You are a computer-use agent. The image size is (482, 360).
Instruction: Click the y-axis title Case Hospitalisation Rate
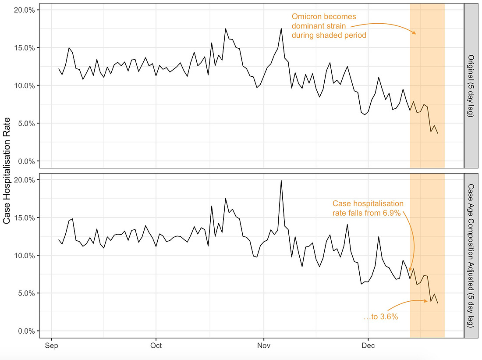pos(7,171)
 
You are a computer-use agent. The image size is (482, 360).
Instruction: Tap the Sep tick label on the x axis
pos(52,346)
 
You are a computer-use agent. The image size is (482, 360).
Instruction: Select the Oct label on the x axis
pos(156,346)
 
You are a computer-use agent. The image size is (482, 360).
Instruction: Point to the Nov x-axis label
pos(264,346)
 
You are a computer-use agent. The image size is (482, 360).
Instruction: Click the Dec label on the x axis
pos(368,346)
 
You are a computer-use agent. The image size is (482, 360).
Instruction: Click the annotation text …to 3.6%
pos(381,317)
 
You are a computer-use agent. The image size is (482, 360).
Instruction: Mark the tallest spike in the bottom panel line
pos(281,181)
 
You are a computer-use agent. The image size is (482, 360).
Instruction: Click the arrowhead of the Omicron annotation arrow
pos(415,33)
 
